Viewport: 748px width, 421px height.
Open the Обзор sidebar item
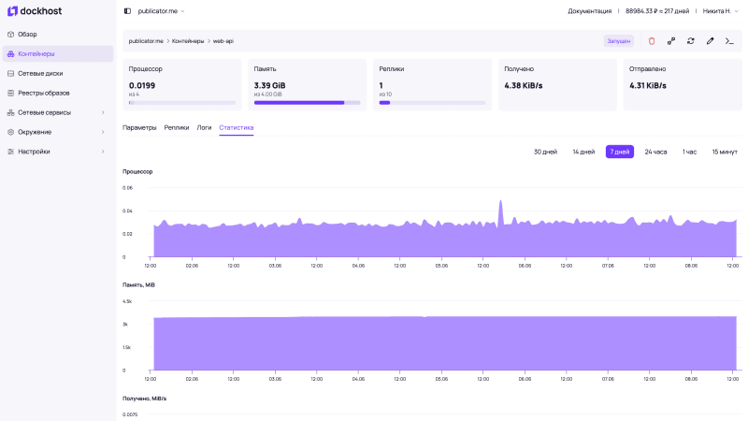coord(27,34)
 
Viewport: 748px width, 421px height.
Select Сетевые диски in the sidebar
coord(40,73)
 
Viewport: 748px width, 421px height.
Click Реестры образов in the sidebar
coord(43,93)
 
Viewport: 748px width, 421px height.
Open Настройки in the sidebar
coord(34,152)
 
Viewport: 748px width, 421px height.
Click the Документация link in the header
coord(589,11)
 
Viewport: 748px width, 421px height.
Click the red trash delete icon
coord(652,41)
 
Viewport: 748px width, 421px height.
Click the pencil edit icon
coord(710,41)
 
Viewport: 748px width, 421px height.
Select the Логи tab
coord(204,127)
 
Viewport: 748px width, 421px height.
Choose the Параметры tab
coord(139,127)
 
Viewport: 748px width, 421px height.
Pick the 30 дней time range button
coord(545,152)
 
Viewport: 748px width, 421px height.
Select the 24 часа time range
coord(655,152)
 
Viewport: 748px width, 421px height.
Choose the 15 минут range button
coord(724,152)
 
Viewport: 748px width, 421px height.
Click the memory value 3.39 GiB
coord(269,85)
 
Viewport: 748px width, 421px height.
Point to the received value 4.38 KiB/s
coord(523,85)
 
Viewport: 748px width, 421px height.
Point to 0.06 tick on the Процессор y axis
coord(128,188)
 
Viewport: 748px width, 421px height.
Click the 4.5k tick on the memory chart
coord(127,301)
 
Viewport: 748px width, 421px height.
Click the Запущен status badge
coord(618,41)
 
